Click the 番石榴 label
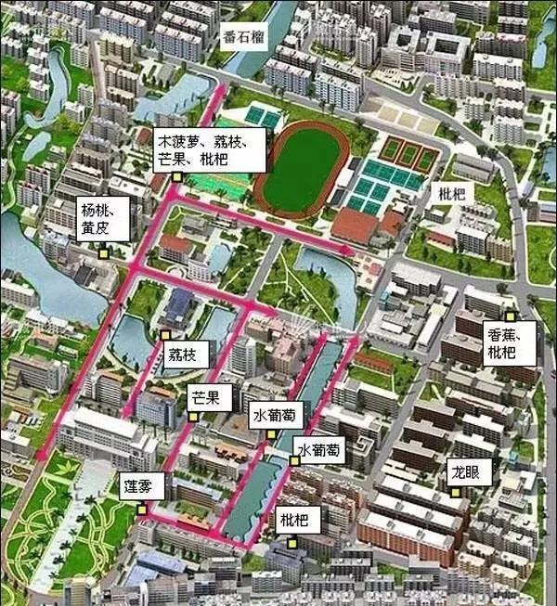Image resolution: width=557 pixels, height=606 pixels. (x=244, y=39)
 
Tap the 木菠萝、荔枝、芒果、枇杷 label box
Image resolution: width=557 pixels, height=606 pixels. (x=212, y=147)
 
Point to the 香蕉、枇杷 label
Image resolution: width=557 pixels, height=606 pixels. (x=509, y=342)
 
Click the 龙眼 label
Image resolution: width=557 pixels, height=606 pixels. (x=466, y=471)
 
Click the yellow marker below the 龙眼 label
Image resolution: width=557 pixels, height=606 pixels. (x=455, y=495)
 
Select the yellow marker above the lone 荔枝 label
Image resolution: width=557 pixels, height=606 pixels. (x=165, y=334)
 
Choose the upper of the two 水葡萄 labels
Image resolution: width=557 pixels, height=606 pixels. (x=275, y=418)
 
